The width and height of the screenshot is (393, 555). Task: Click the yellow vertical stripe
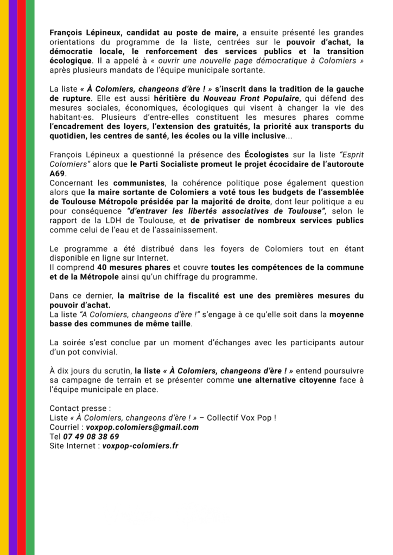coord(4,277)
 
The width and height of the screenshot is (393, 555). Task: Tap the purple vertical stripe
coord(12,277)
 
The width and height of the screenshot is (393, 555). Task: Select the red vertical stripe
coord(21,277)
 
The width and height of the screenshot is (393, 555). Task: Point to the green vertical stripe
coord(30,277)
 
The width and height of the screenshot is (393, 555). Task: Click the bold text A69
coord(57,173)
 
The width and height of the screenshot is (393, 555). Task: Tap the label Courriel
coord(65,427)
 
